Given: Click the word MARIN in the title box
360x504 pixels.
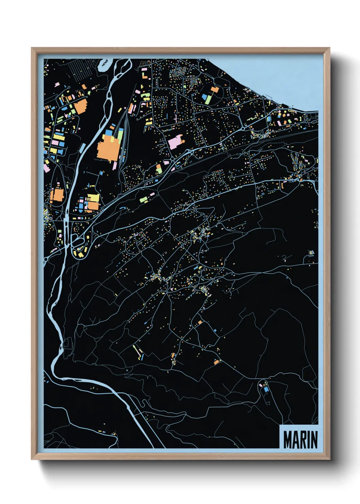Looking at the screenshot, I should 300,440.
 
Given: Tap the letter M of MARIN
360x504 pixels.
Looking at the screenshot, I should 288,440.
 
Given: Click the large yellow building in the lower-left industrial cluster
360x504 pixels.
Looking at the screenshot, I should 93,199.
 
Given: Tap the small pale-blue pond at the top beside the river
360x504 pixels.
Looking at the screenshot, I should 104,64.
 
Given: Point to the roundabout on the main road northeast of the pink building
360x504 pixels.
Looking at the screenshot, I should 244,129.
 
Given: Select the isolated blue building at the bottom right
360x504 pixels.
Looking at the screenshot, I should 266,389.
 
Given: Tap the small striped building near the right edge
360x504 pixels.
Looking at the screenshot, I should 311,252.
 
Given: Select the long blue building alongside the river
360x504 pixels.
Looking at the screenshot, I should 82,148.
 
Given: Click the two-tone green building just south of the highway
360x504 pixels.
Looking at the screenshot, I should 144,200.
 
